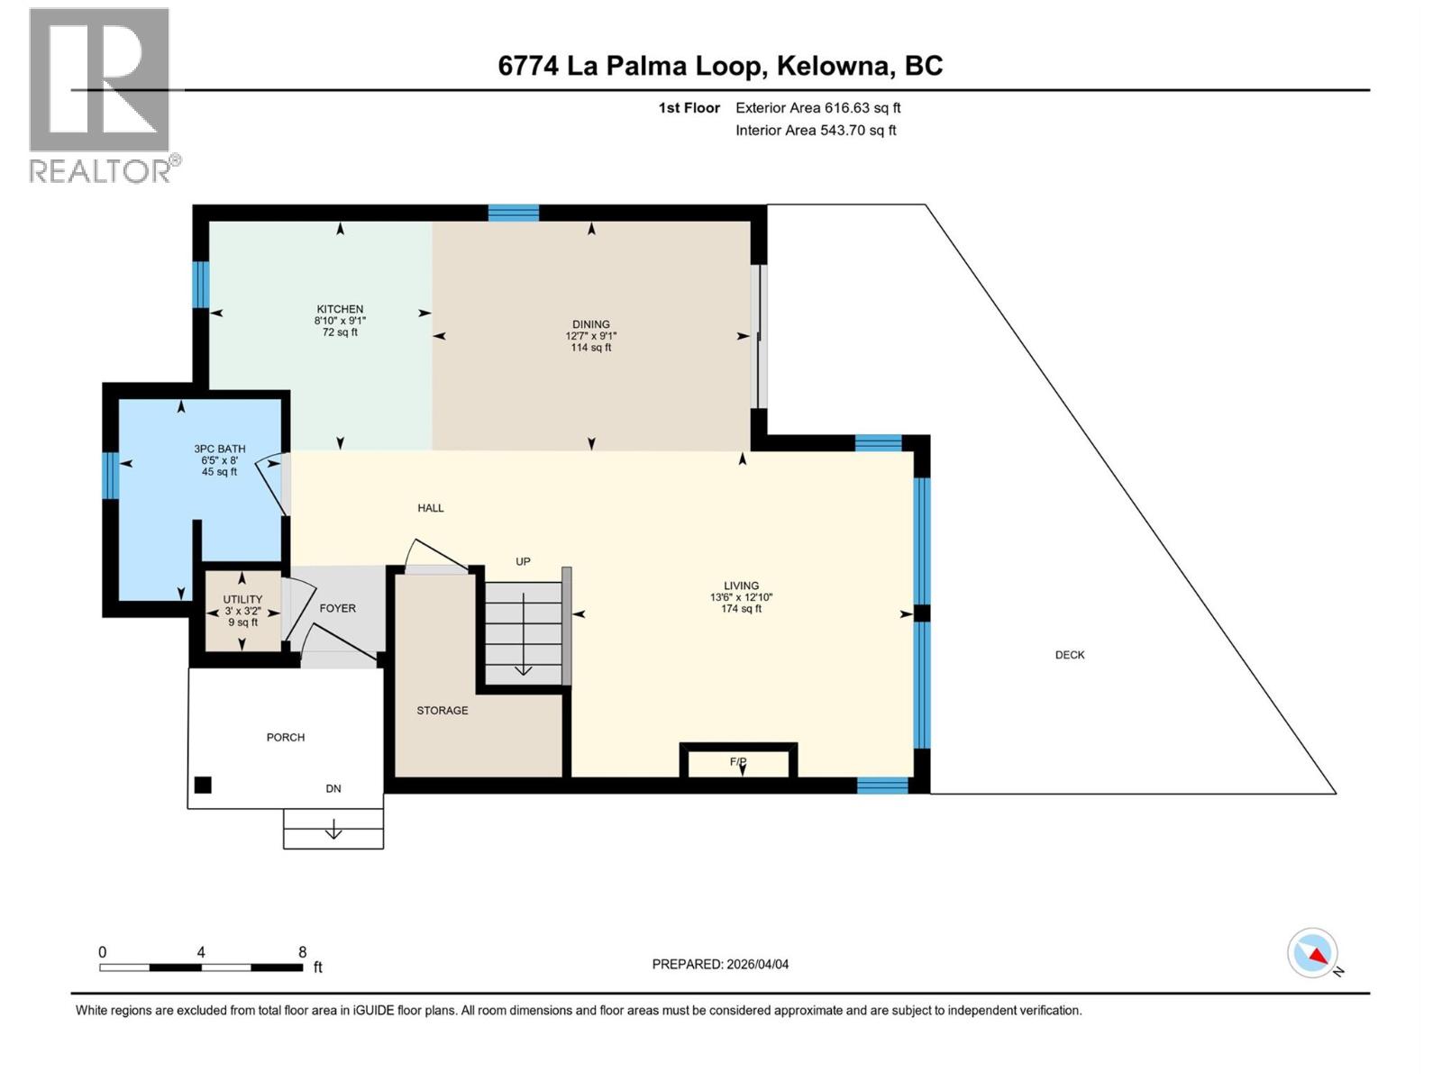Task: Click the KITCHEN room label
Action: tap(340, 310)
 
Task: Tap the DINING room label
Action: tap(591, 325)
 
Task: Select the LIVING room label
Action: tap(741, 586)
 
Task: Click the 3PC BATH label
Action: tap(219, 449)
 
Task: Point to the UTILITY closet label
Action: tap(242, 600)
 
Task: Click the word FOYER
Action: tap(338, 608)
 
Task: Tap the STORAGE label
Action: tap(443, 711)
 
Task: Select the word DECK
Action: tap(1070, 655)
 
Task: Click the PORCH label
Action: tap(286, 738)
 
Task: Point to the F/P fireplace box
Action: tap(738, 762)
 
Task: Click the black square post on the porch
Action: tap(203, 786)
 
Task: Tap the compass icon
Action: tap(1313, 953)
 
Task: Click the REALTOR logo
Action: tap(100, 95)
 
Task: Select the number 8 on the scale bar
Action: tap(303, 952)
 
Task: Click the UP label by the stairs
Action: tap(523, 561)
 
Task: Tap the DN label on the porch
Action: tap(333, 788)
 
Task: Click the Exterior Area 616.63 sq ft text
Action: tap(817, 108)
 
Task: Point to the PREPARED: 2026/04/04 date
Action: tap(720, 964)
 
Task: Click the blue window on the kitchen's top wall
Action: tap(514, 213)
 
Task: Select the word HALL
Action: tap(431, 508)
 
